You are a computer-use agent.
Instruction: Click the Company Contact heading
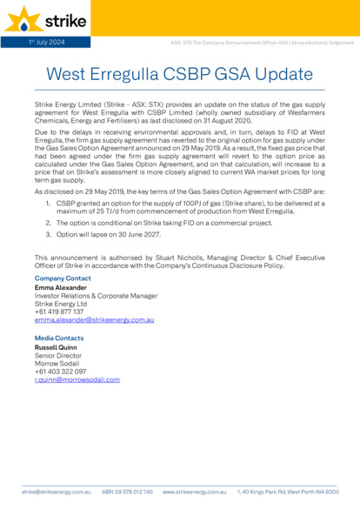pos(62,278)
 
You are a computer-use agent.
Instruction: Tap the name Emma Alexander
pos(60,287)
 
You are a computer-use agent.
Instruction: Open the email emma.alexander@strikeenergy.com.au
pos(94,320)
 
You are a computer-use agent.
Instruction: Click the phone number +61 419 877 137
pos(59,311)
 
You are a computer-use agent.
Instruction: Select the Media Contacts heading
pos(59,338)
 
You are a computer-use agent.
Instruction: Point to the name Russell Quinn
pos(57,347)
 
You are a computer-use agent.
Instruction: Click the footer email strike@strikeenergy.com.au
pos(57,492)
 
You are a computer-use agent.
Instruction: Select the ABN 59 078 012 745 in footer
pos(127,492)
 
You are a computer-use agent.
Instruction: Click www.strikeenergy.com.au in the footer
pos(195,492)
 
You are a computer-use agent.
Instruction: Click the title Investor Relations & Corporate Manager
pos(96,296)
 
